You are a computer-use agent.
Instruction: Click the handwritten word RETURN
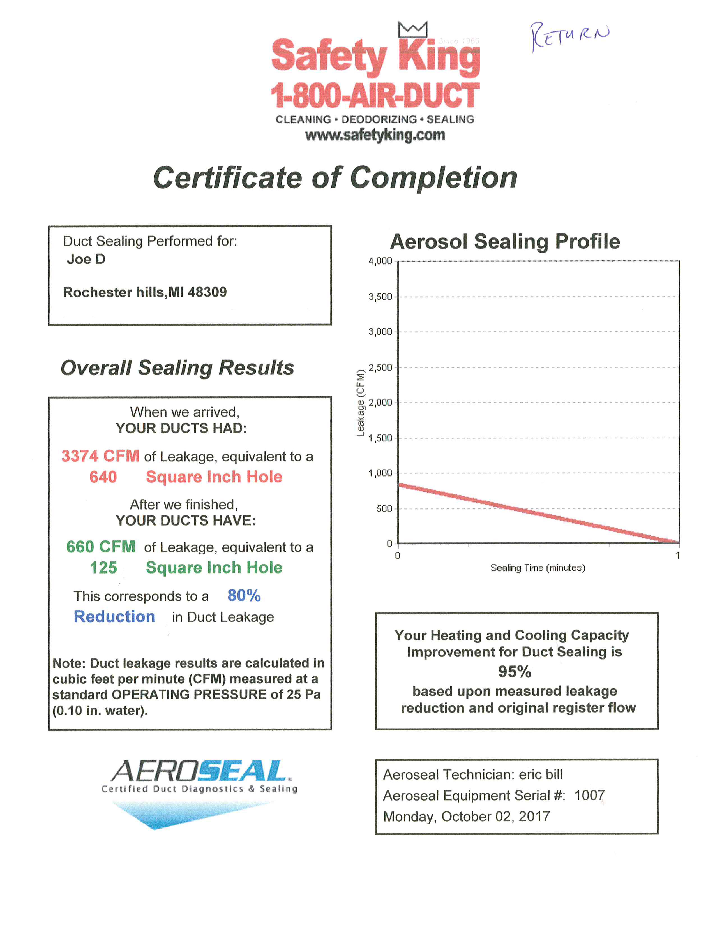click(x=570, y=36)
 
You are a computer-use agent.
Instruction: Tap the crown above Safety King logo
click(x=412, y=30)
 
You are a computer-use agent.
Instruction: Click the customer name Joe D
click(x=86, y=259)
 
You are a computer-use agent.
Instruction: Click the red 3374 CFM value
click(x=100, y=456)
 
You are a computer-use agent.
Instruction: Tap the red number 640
click(x=103, y=477)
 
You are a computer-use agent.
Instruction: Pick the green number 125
click(x=103, y=568)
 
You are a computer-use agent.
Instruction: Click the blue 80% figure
click(x=244, y=595)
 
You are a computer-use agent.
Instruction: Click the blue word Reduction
click(x=114, y=617)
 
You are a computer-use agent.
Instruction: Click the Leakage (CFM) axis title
click(x=361, y=402)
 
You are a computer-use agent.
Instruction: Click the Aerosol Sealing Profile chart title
click(x=505, y=242)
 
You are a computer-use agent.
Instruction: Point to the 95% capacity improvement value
click(x=514, y=672)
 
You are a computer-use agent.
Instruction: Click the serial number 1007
click(x=589, y=795)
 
